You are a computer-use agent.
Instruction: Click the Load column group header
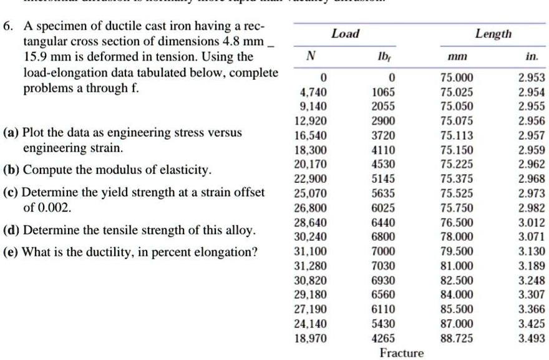coord(345,34)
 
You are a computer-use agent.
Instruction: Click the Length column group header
coord(493,34)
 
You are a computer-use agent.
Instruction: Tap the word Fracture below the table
coord(402,353)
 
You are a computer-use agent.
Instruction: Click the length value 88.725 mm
coord(457,338)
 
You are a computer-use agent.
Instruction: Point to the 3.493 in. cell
coord(532,338)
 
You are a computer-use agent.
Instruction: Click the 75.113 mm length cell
coord(457,135)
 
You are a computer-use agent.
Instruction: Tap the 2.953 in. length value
coord(532,78)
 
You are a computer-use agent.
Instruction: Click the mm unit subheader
coord(457,56)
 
